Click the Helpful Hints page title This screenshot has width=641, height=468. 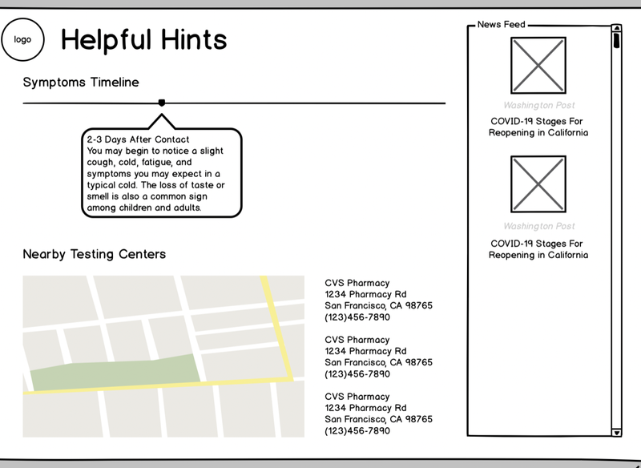[x=144, y=39]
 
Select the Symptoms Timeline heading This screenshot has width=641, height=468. [x=81, y=82]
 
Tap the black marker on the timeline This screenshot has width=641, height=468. [x=162, y=103]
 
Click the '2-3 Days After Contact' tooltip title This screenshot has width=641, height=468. [x=138, y=139]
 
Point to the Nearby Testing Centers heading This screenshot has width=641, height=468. [x=95, y=254]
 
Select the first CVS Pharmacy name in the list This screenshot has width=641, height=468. [x=357, y=283]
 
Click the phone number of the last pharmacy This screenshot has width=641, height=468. [x=357, y=430]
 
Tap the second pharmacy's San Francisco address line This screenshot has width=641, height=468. [x=378, y=362]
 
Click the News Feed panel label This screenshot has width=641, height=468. [x=502, y=25]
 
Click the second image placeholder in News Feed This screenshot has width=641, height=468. [x=538, y=184]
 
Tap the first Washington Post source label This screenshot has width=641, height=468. [x=538, y=105]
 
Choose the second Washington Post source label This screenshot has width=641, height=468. [x=538, y=226]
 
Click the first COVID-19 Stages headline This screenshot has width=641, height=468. [x=538, y=127]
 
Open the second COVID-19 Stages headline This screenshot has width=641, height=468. [x=538, y=248]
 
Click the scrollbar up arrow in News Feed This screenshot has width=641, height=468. [x=616, y=30]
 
